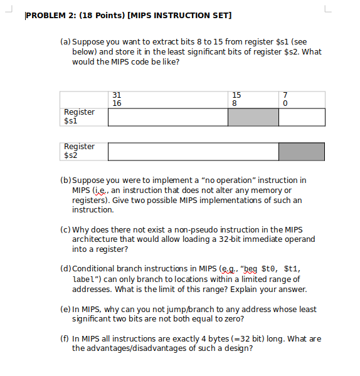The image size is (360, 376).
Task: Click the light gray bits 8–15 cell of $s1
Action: click(253, 117)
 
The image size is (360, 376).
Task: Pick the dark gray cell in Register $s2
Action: click(301, 152)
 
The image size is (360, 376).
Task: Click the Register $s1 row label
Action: click(79, 116)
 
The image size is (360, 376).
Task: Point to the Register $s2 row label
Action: click(79, 150)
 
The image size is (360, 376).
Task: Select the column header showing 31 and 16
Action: click(117, 99)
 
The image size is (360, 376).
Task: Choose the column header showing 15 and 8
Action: click(236, 99)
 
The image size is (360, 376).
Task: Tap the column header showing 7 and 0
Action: click(286, 99)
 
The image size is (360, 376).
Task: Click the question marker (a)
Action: click(66, 42)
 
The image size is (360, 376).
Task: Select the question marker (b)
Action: click(66, 180)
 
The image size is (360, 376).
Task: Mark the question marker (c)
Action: click(66, 229)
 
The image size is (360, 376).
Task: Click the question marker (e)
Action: click(66, 309)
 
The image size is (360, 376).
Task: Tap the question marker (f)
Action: click(65, 338)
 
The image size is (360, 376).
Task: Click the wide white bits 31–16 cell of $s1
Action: click(167, 117)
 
